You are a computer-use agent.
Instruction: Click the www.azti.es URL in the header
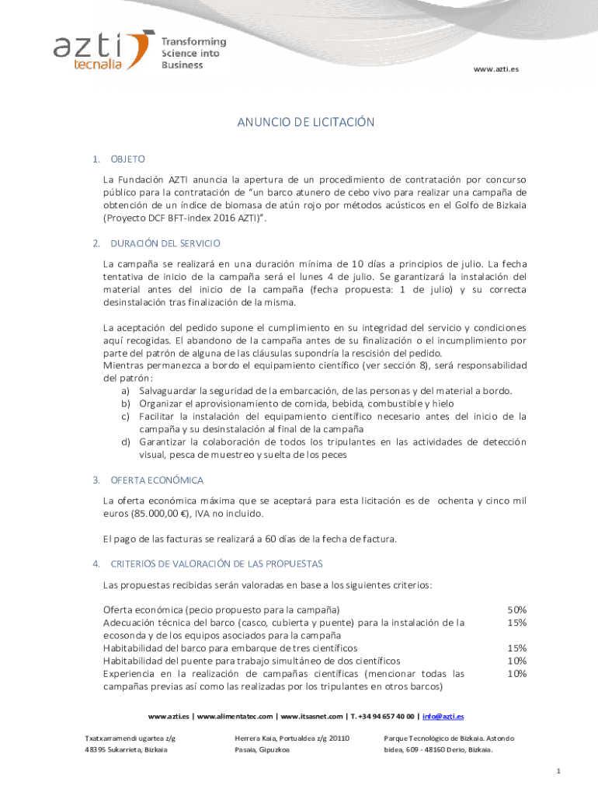point(495,69)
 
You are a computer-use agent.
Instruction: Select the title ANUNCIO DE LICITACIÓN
point(306,122)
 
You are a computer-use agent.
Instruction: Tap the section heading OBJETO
point(127,159)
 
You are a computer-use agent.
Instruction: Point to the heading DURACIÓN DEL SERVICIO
point(165,243)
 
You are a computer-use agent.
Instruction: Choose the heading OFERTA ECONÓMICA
point(157,480)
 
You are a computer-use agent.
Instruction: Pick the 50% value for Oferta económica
point(516,610)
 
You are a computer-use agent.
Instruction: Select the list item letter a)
point(125,391)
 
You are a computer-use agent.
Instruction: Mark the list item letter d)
point(125,442)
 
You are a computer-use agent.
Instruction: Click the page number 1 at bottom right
point(558,770)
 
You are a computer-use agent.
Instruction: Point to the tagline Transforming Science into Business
point(193,53)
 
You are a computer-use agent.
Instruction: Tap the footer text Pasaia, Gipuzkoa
point(262,750)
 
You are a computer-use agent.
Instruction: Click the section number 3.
point(96,480)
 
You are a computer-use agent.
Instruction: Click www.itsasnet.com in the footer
point(311,716)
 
